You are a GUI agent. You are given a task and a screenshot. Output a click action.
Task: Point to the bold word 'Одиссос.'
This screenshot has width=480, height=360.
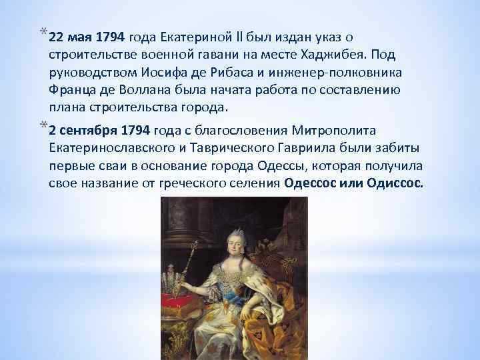click(395, 183)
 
